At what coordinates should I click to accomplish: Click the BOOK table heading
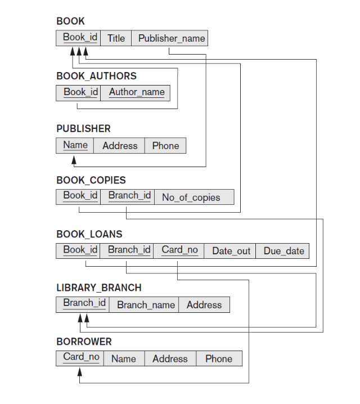click(70, 21)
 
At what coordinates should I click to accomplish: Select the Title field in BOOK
click(116, 38)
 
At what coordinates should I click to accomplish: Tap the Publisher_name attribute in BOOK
click(171, 38)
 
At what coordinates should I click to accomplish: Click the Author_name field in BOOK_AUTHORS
click(137, 92)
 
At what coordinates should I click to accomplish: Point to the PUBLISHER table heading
click(83, 129)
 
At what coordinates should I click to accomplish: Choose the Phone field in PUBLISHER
click(165, 146)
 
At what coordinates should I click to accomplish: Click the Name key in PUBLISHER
click(75, 145)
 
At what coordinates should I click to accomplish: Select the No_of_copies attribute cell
click(191, 197)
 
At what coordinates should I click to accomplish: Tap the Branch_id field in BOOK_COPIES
click(129, 196)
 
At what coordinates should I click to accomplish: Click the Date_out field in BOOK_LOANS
click(231, 251)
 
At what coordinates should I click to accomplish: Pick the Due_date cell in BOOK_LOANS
click(283, 251)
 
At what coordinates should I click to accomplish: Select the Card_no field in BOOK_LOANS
click(179, 250)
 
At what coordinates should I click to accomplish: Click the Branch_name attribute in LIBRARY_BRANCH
click(146, 305)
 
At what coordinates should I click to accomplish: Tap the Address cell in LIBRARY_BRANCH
click(204, 305)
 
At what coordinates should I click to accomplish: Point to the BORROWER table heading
click(84, 342)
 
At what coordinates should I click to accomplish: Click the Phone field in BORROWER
click(218, 359)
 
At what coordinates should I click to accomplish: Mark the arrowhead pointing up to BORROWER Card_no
click(79, 372)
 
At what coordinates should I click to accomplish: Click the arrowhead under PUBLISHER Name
click(74, 160)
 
